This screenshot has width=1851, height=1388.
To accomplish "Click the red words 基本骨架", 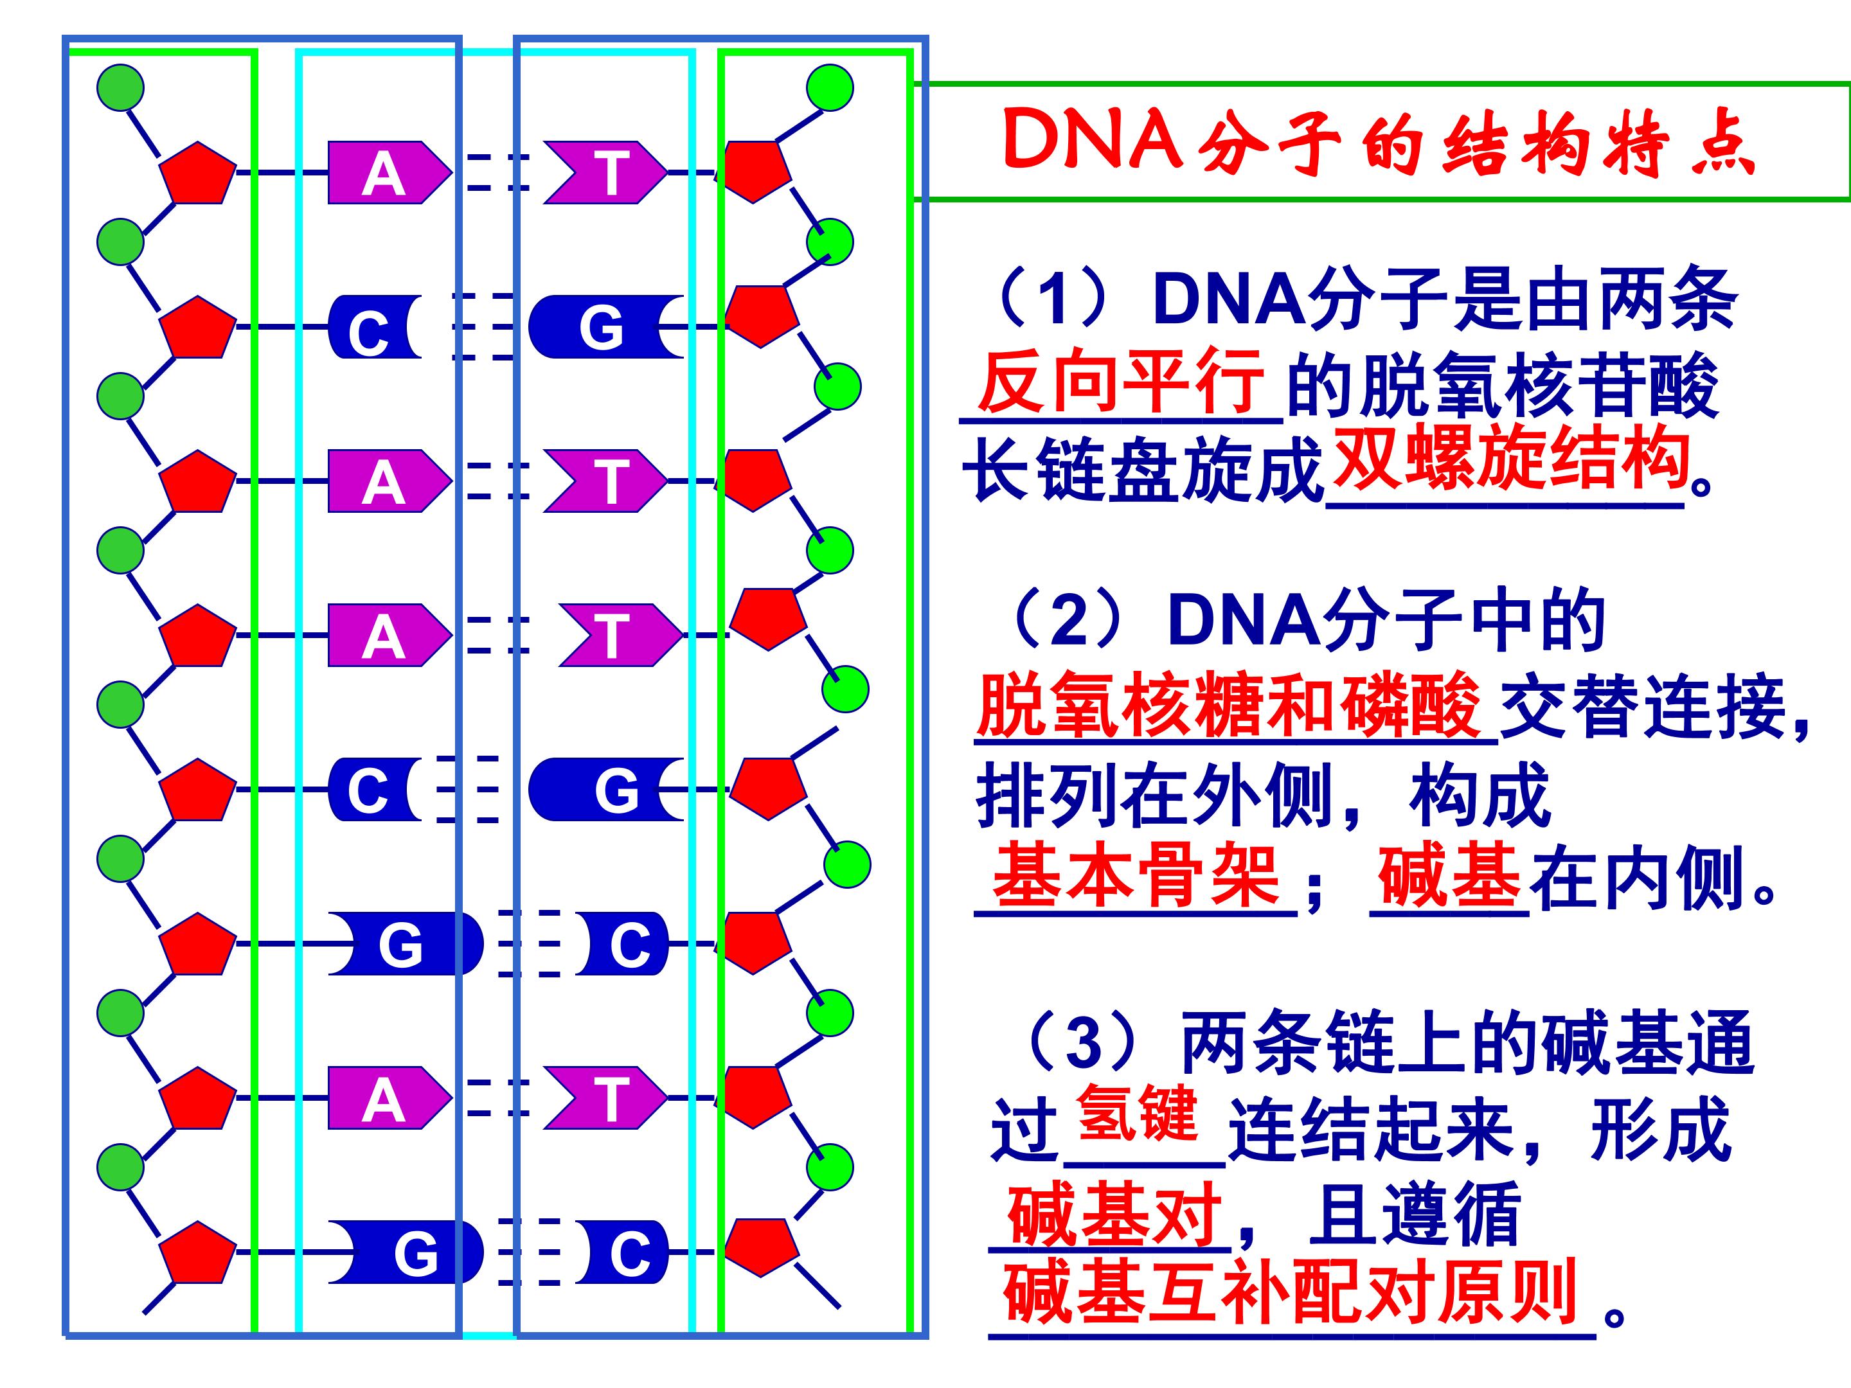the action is [x=1136, y=875].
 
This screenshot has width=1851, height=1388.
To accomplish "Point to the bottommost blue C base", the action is [x=623, y=1252].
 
